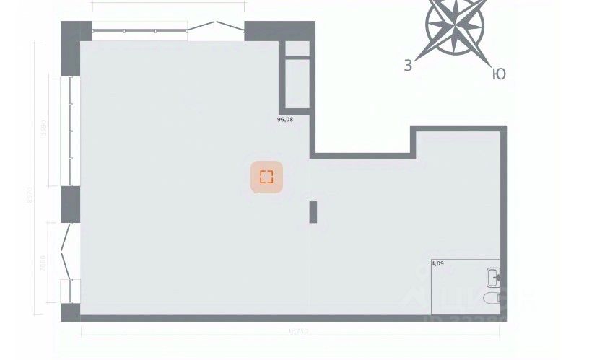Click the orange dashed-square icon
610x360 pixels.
[266, 177]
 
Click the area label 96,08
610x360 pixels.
[285, 120]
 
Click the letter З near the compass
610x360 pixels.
[408, 66]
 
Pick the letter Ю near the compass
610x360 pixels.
[498, 74]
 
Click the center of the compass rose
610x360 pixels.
[454, 25]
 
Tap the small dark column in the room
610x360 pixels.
[313, 212]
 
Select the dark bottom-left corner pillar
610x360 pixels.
[70, 312]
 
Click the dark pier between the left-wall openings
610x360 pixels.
[70, 204]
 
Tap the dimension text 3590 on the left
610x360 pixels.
[44, 130]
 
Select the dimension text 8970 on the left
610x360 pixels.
[30, 195]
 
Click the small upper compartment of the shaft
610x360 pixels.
[297, 48]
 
